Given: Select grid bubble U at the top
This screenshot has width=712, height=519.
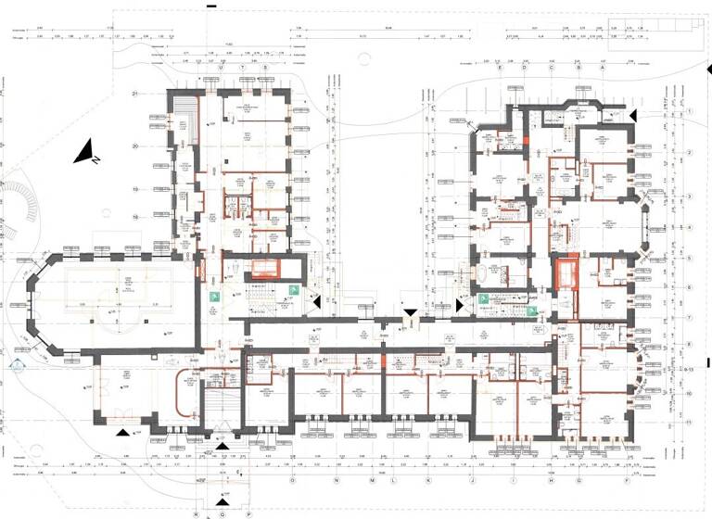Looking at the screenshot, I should [x=221, y=68].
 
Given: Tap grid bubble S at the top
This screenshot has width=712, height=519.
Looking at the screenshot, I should [x=265, y=68].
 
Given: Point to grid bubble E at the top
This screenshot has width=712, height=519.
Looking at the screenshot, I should [x=500, y=68].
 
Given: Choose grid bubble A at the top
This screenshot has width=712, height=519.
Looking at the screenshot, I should [x=603, y=68].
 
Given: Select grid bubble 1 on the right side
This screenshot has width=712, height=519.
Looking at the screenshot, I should [x=690, y=110].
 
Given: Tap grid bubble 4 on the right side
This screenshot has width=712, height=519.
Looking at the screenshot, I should [x=690, y=228].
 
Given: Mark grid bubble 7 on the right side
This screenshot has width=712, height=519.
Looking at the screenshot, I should [x=690, y=317].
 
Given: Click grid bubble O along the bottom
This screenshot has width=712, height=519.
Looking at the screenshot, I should [x=292, y=481].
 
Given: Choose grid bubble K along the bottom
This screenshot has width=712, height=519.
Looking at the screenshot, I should [x=427, y=481].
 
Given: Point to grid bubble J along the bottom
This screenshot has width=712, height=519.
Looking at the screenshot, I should [x=472, y=481].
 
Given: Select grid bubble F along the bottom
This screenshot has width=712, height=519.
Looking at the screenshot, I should [x=627, y=481].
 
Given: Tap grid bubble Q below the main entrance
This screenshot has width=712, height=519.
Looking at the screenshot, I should [x=222, y=513].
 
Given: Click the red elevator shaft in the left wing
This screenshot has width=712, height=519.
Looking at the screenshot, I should [x=265, y=270].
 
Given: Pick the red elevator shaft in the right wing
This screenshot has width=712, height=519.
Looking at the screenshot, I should [x=565, y=274].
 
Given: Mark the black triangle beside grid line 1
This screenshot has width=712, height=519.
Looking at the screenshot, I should [x=633, y=114].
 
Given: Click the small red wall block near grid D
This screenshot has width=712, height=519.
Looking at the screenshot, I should [x=527, y=141].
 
